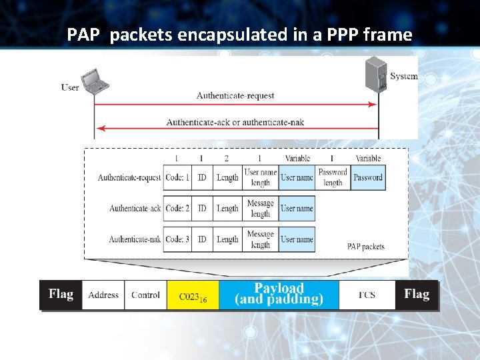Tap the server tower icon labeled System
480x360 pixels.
tap(376, 74)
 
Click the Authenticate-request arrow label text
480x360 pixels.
tap(235, 95)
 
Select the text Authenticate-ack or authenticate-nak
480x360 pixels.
tap(235, 122)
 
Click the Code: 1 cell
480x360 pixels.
tap(177, 177)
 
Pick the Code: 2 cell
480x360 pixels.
tap(177, 209)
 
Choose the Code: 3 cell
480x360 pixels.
tap(177, 239)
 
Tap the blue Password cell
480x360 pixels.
tap(368, 177)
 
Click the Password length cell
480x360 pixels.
tap(333, 177)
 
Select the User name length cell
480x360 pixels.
tap(260, 177)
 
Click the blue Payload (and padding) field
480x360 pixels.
tap(279, 294)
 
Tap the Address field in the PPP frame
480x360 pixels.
tap(103, 295)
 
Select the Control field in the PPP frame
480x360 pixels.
tap(145, 295)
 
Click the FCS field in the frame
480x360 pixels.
tap(367, 295)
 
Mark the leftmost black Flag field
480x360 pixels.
tap(61, 295)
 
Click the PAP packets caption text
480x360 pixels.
tap(365, 247)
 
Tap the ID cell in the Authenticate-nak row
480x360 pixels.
tap(202, 239)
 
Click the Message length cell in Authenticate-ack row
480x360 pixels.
tap(260, 209)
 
